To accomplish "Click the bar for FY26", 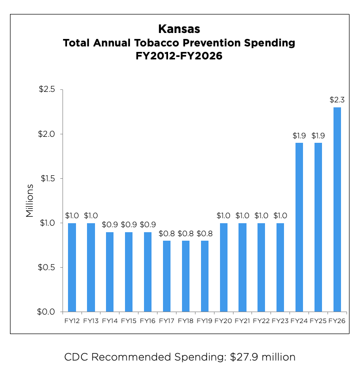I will pyautogui.click(x=337, y=210).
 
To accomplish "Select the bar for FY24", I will pyautogui.click(x=299, y=227).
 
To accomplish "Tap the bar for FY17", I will pyautogui.click(x=166, y=276).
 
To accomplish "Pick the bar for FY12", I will pyautogui.click(x=72, y=267).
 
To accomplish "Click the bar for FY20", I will pyautogui.click(x=223, y=267).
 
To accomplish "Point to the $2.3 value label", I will pyautogui.click(x=337, y=100).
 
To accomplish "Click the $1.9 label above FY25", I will pyautogui.click(x=318, y=135).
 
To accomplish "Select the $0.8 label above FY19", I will pyautogui.click(x=204, y=233).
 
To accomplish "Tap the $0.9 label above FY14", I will pyautogui.click(x=110, y=224).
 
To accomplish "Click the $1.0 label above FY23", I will pyautogui.click(x=280, y=215).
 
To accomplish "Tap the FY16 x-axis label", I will pyautogui.click(x=147, y=321).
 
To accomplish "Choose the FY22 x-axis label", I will pyautogui.click(x=261, y=321).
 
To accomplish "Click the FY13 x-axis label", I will pyautogui.click(x=91, y=321).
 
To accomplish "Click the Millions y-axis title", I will pyautogui.click(x=29, y=201).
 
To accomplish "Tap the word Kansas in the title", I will pyautogui.click(x=179, y=28).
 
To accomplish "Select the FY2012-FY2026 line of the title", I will pyautogui.click(x=179, y=56).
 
